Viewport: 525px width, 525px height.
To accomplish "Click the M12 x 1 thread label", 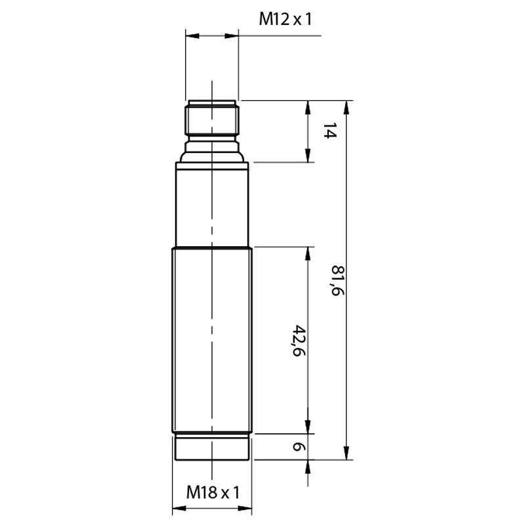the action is (285, 19).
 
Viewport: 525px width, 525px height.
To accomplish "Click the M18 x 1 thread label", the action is (213, 493).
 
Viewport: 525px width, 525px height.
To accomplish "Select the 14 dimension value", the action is (329, 131).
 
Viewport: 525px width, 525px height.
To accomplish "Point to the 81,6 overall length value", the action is (337, 281).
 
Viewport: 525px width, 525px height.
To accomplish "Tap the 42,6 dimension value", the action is (299, 341).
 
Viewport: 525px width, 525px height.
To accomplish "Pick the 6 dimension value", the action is (299, 447).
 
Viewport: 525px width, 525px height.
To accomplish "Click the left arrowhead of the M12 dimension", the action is (192, 36).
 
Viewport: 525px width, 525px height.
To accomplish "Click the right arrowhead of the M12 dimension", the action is (232, 36).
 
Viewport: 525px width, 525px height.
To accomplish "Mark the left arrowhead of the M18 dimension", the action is (178, 509).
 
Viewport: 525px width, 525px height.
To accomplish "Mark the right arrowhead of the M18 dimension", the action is (245, 509).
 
